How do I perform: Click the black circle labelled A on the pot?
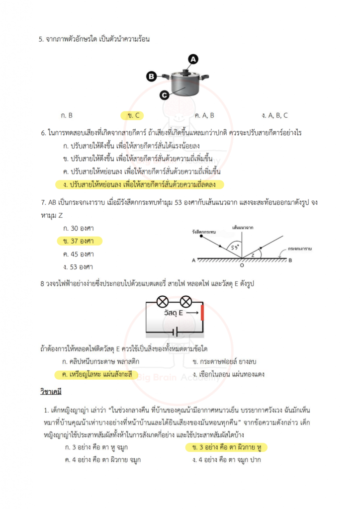[193, 59]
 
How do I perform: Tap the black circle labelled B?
[152, 76]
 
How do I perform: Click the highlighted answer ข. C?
[133, 115]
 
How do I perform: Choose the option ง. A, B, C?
[275, 115]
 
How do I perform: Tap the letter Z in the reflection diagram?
[253, 254]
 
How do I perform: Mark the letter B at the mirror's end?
[290, 260]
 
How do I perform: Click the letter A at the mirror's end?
[193, 260]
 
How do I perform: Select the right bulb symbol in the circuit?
[185, 301]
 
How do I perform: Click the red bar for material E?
[202, 314]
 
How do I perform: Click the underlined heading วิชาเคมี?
[50, 392]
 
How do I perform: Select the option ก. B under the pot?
[67, 115]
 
